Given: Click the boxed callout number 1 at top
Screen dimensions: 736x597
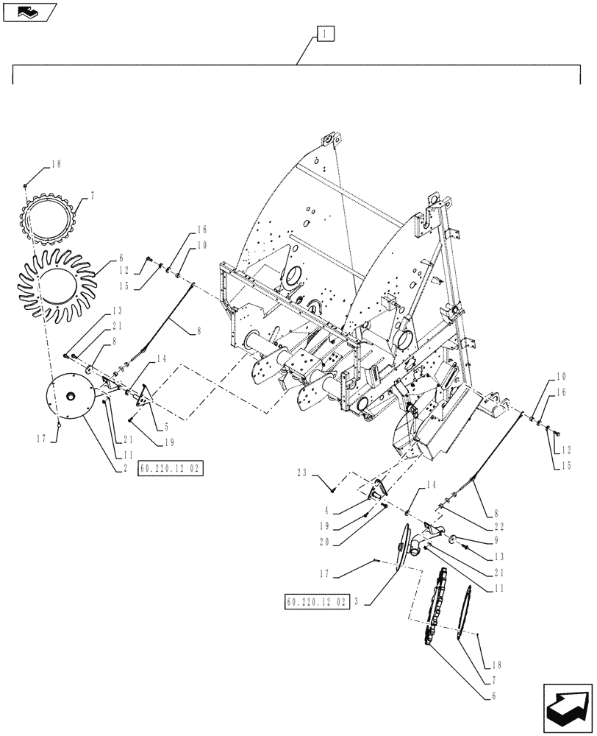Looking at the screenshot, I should [x=326, y=33].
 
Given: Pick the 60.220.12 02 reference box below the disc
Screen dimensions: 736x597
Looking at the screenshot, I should [x=170, y=468].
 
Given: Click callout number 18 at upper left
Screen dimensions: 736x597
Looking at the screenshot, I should [x=54, y=166].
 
